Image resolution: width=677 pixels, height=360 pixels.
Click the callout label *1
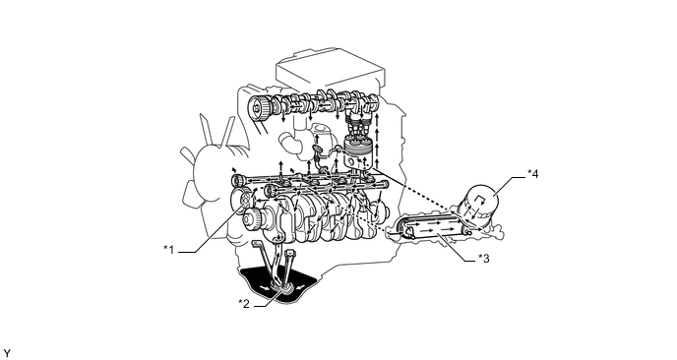click(169, 250)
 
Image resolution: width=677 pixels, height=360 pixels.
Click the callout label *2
click(244, 304)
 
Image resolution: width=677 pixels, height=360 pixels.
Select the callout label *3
click(483, 258)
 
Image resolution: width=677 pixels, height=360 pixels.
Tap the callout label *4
click(532, 173)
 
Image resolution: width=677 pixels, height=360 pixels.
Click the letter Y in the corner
click(7, 354)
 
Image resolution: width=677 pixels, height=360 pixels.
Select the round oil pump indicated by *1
click(245, 200)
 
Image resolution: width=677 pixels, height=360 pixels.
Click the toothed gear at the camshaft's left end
click(260, 107)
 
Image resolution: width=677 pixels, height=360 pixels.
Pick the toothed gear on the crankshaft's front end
click(254, 220)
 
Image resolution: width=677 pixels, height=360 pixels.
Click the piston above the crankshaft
click(357, 153)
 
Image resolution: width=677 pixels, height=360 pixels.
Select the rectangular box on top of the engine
click(330, 74)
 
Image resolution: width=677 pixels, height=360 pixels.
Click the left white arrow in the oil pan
click(263, 287)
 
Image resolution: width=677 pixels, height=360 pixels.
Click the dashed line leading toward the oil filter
click(416, 191)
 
